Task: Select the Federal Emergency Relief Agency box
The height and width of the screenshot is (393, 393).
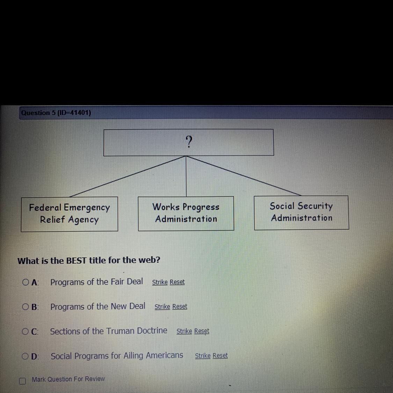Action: click(69, 214)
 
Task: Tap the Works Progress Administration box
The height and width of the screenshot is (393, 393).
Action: click(186, 213)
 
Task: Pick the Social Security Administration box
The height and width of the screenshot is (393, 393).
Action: click(301, 212)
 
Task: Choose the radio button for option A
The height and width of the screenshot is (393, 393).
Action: click(26, 282)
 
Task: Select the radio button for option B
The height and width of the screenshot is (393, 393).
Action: click(26, 307)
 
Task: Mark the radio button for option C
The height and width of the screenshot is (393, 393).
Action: click(26, 332)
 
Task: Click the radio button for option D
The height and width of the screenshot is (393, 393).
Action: click(26, 356)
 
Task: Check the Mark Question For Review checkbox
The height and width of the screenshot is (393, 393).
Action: click(23, 381)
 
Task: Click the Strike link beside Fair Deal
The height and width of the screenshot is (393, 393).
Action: click(160, 282)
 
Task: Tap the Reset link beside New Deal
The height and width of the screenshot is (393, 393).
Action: click(180, 306)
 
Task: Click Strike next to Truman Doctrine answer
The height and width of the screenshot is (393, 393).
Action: click(184, 331)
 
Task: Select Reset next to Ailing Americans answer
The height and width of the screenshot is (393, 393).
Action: click(220, 355)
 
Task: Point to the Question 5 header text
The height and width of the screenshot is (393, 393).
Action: click(56, 113)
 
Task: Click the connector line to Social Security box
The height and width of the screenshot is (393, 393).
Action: click(245, 176)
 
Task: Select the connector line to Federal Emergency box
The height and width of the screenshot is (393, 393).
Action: click(128, 176)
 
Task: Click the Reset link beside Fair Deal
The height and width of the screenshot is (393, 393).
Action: click(177, 282)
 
